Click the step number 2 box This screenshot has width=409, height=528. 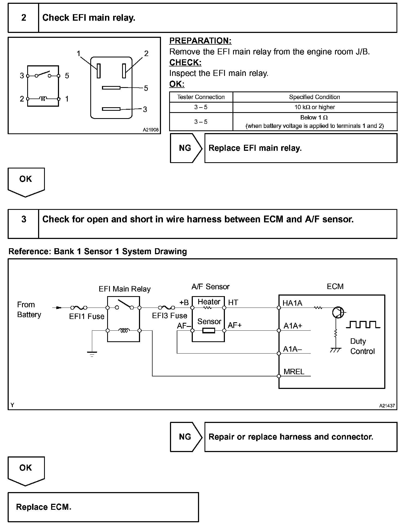pos(23,18)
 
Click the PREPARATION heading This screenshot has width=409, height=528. pos(200,41)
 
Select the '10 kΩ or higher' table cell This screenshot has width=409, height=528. pos(315,107)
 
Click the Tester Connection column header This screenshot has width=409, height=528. pos(201,97)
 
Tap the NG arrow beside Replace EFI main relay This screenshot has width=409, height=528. pos(185,148)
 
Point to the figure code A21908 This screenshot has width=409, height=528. pos(150,130)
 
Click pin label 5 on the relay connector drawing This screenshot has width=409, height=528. pos(146,88)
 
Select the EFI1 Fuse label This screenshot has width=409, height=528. pos(87,317)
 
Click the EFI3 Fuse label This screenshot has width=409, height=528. pos(169,316)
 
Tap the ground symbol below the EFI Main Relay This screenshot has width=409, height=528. pos(92,354)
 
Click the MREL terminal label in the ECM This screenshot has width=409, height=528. pos(294,372)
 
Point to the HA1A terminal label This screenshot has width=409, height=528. pos(292,303)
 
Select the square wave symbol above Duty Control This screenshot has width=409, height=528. pos(363,325)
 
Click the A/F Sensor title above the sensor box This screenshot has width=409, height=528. pos(210,287)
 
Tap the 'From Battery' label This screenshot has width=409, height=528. pos(29,309)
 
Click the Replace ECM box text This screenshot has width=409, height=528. pos(44,507)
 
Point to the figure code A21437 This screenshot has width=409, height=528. pos(387,406)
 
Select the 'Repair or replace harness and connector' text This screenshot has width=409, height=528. pos(291,437)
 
